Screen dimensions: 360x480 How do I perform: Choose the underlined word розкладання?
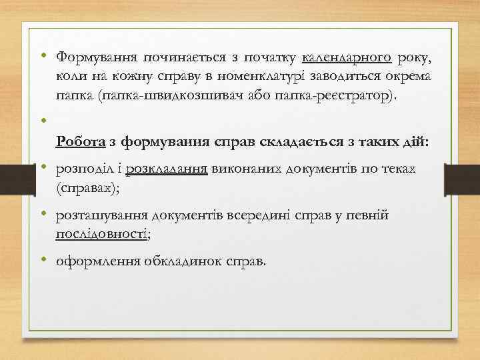tap(167, 168)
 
